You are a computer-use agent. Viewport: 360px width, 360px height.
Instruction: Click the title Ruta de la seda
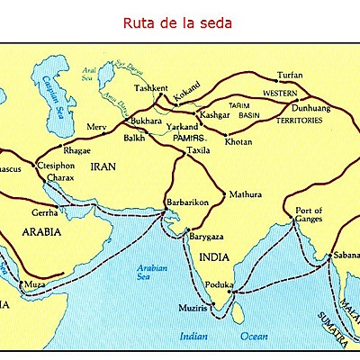(180, 21)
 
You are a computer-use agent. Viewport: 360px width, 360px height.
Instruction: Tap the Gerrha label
(42, 214)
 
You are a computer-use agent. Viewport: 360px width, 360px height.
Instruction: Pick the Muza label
(31, 284)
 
